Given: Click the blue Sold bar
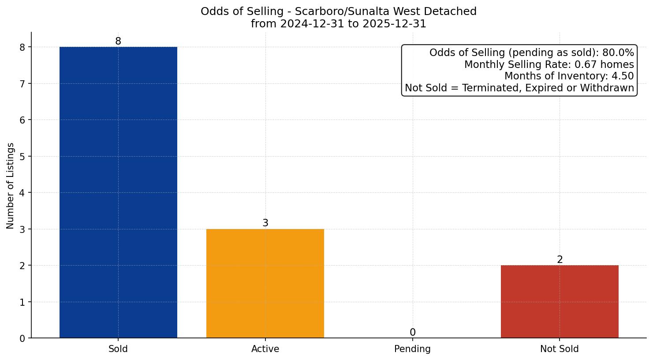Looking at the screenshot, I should point(118,192).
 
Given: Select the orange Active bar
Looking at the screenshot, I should point(265,283).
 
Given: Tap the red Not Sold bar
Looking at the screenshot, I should point(560,301).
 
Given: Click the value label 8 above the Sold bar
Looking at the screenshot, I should point(118,41).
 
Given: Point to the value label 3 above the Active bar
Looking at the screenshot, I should point(265,223).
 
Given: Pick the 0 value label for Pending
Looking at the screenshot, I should point(413,333).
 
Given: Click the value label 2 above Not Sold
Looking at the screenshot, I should point(560,260).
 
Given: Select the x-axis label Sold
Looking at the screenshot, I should point(118,349).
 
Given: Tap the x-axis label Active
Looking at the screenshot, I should point(265,349).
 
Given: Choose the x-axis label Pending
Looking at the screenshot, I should point(412,349).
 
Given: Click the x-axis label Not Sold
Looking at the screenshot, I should point(560,349).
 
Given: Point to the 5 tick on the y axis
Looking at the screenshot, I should point(22,157).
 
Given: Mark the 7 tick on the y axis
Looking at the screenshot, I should point(22,84).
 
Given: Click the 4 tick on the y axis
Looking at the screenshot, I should point(22,193).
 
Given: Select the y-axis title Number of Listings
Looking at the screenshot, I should point(11,186).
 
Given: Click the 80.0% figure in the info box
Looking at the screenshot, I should point(618,53).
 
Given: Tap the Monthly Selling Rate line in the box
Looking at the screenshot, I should point(549,65).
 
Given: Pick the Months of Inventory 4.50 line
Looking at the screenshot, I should point(569,76).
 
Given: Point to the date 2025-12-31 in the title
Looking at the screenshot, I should point(394,24).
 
